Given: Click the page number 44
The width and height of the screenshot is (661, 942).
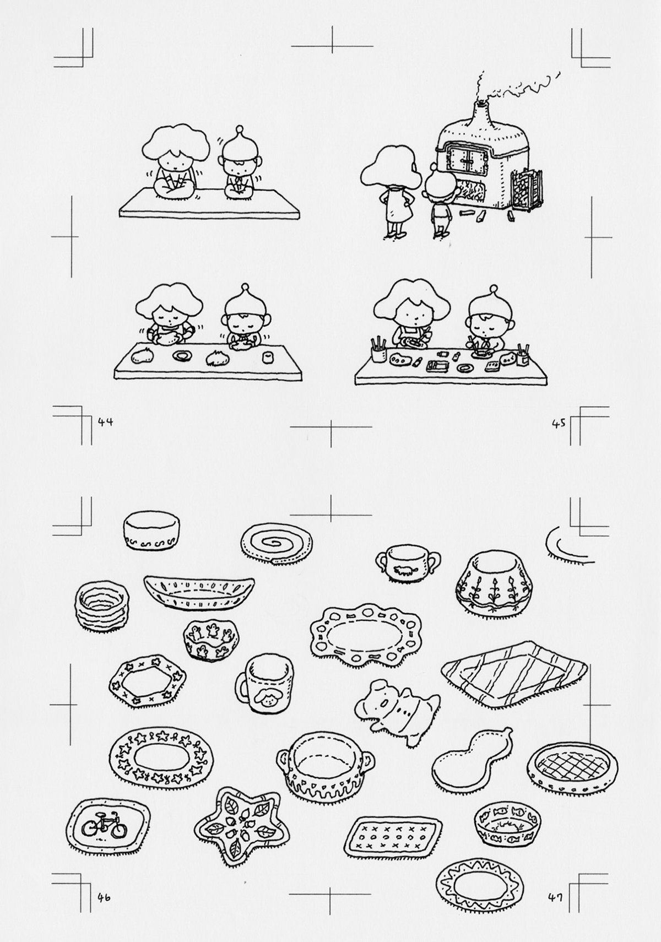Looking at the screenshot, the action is [105, 422].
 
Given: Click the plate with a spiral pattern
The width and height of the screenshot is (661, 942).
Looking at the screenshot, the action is [277, 541].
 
